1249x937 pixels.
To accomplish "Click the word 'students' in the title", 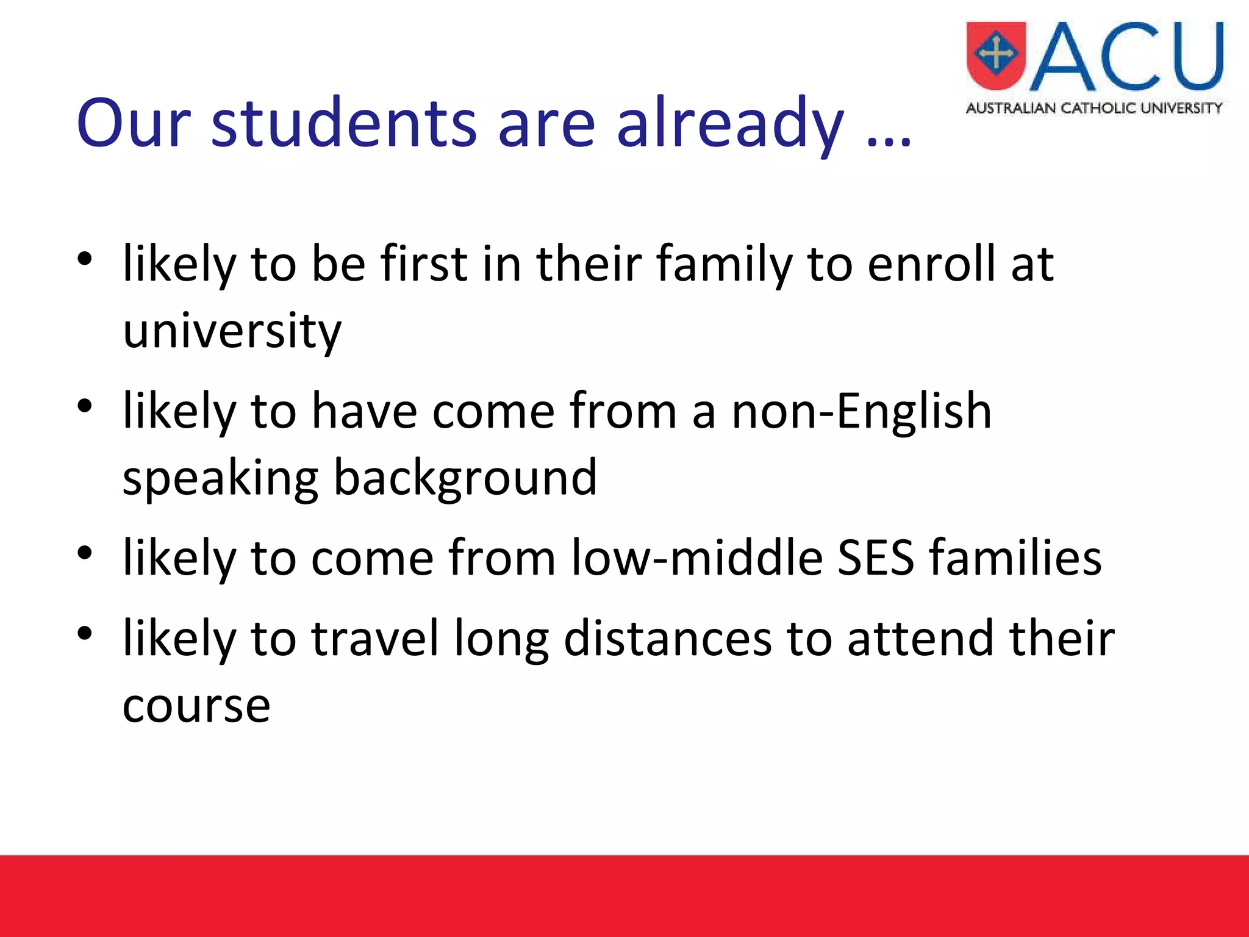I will (343, 124).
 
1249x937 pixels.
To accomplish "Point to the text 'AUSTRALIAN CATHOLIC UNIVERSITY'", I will (1094, 109).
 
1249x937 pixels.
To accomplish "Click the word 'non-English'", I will (861, 411).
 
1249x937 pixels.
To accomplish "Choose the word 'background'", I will (465, 478).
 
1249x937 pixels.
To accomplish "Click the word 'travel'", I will (375, 639).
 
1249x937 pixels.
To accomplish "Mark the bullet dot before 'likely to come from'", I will (85, 553).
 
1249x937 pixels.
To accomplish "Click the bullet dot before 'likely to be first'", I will (85, 259).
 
